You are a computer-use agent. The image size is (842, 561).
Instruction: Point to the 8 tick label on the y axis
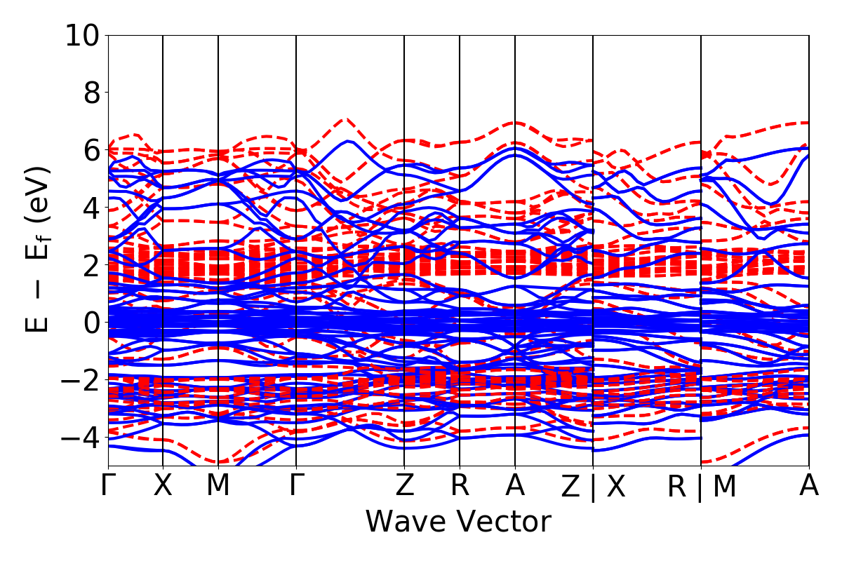click(89, 93)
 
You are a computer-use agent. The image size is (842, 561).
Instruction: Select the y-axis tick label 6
click(89, 150)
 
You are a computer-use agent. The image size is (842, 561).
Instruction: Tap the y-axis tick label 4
click(89, 208)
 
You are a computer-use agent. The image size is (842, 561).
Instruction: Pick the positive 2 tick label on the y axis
click(89, 265)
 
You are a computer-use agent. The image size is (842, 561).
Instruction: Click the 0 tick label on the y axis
click(89, 323)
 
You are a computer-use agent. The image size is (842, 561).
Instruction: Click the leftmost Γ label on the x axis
click(108, 486)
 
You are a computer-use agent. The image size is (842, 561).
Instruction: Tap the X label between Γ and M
click(163, 486)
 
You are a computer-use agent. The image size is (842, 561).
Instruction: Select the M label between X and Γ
click(218, 486)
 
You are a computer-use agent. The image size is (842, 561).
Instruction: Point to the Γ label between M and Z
click(296, 486)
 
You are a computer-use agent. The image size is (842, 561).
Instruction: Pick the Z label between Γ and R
click(404, 486)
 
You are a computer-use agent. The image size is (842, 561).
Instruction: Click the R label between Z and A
click(460, 486)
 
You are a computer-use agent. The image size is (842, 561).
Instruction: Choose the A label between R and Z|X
click(515, 486)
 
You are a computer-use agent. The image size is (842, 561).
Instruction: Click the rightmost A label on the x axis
click(809, 486)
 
